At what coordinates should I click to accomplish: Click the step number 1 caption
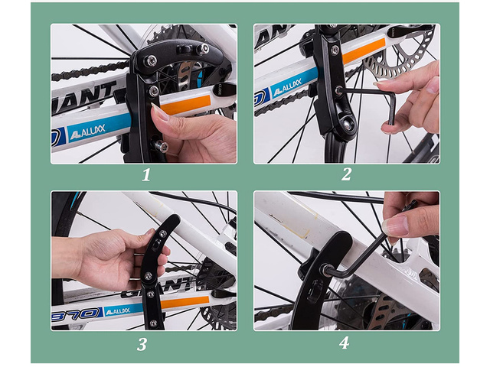point(145,174)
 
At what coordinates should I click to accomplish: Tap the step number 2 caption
point(346,174)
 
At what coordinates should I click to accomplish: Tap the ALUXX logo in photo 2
point(288,90)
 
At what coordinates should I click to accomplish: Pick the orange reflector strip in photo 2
point(364,50)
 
